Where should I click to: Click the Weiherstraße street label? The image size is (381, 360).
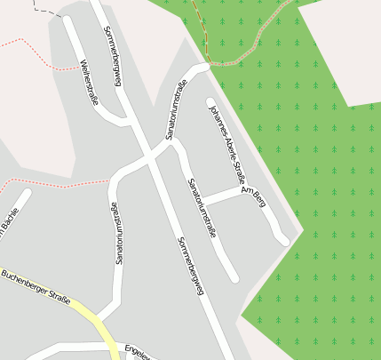89,82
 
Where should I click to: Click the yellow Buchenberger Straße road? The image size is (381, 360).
89,316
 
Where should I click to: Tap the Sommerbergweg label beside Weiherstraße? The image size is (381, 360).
112,56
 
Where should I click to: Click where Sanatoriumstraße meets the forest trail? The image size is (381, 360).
206,65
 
